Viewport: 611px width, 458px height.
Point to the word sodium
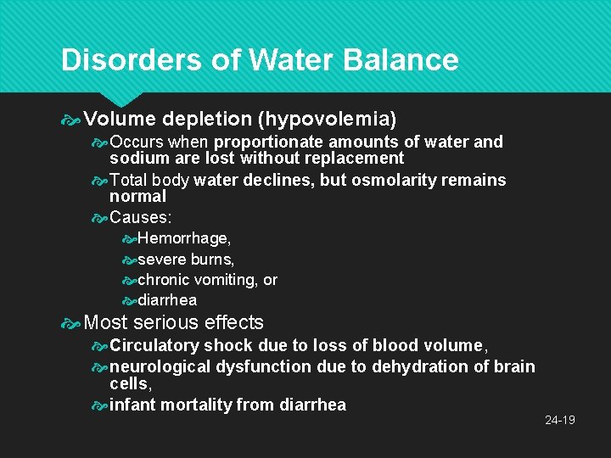click(x=135, y=158)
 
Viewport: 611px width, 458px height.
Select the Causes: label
click(x=140, y=218)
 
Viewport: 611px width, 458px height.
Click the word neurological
click(x=160, y=366)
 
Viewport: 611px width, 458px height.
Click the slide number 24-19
click(x=560, y=420)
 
